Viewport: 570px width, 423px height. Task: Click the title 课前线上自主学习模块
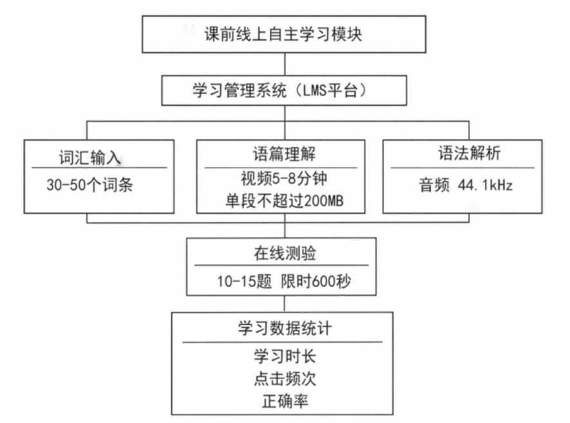[x=283, y=35]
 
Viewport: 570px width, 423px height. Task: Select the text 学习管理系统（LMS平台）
[x=280, y=91]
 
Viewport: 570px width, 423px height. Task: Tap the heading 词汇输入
[x=90, y=157]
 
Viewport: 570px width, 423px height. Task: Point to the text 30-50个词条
[x=90, y=185]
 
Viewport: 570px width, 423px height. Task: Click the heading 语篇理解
[x=284, y=154]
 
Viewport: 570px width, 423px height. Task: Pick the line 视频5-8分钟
[x=284, y=178]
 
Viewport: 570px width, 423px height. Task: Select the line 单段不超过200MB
[x=284, y=201]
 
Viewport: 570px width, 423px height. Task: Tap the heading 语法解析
[x=469, y=153]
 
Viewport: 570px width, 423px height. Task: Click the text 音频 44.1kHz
[x=466, y=185]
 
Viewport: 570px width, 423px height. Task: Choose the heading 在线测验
[x=285, y=253]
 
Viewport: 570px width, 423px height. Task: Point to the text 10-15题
[x=244, y=281]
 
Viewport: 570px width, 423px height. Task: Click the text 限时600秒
[x=316, y=281]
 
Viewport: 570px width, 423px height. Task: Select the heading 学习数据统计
[x=285, y=328]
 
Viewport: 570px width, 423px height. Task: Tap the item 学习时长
[x=285, y=356]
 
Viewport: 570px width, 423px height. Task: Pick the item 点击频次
[x=285, y=379]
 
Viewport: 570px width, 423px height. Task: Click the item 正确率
[x=285, y=402]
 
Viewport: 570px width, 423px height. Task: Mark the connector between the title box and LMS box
[x=285, y=64]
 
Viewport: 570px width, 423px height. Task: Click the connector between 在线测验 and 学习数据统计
[x=284, y=304]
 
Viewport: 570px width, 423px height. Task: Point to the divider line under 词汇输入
[x=99, y=167]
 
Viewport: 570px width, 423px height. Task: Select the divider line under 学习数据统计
[x=283, y=342]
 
